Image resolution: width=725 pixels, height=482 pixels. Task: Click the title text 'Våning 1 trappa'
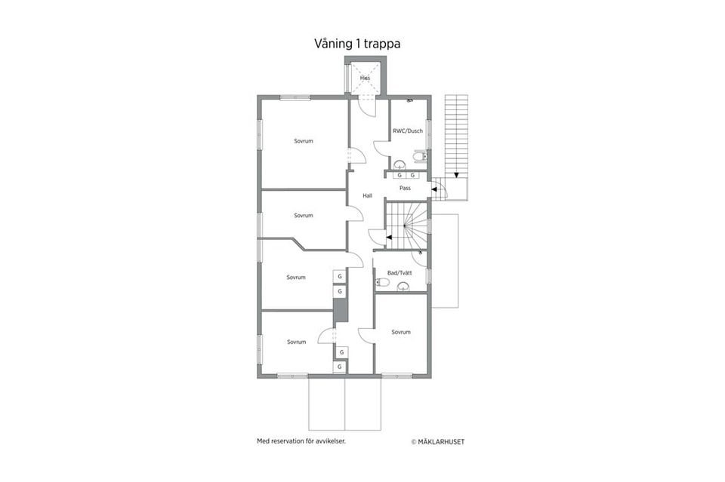pos(356,44)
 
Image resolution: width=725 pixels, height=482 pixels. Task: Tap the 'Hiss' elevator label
pos(365,78)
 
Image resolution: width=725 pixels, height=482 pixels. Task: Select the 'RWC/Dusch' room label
pos(408,130)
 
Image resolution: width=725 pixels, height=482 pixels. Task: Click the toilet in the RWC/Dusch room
pos(418,156)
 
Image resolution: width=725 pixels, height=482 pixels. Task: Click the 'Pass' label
pos(405,188)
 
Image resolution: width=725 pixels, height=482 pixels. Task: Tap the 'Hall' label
pos(367,195)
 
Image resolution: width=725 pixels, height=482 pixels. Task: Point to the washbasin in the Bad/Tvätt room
pos(403,285)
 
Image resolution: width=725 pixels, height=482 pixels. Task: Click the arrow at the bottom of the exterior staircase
pos(456,175)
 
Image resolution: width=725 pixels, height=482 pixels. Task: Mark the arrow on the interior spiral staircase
pos(388,237)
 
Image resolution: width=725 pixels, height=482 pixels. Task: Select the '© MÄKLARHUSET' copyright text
pos(437,441)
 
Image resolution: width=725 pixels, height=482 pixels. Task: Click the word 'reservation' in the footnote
pos(291,441)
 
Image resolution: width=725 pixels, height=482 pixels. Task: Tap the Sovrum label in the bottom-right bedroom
pos(401,332)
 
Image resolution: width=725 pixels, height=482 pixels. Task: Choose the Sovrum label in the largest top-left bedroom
pos(304,141)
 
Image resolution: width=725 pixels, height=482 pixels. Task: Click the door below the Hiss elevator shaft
pos(367,108)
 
